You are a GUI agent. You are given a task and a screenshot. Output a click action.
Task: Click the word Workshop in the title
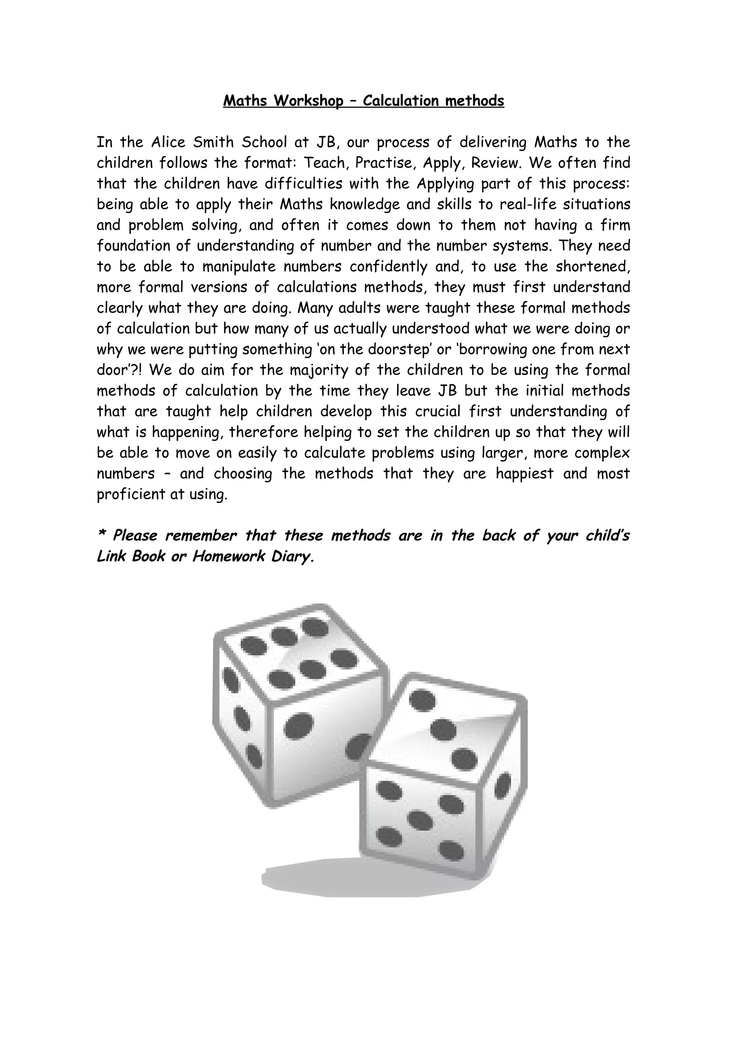tap(308, 101)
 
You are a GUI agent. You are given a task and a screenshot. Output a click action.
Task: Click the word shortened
tap(592, 267)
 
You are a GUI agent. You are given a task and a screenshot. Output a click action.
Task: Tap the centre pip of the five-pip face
tap(420, 820)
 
